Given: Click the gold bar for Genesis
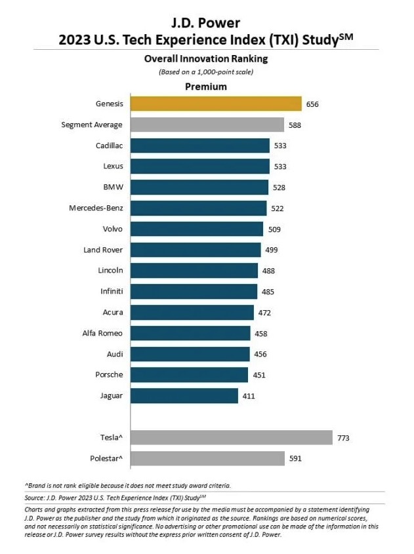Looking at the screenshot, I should coord(216,104).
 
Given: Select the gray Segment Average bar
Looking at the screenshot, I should coord(207,125).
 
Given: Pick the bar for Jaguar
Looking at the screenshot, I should coord(184,395).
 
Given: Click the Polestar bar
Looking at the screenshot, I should coord(207,458).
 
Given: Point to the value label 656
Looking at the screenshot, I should coord(312,104).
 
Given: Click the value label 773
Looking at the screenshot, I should coord(343,437).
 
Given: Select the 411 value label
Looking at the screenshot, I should coord(248,396).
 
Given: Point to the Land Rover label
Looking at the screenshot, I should coord(103,250).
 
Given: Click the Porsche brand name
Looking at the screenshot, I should coord(108,375).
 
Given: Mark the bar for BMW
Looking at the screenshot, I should coord(199,188).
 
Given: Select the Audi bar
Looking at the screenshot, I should coord(190,354).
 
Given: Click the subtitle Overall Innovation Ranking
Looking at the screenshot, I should coord(207,58).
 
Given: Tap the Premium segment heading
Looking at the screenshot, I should coord(207,87).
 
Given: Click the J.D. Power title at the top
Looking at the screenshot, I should coord(206,22).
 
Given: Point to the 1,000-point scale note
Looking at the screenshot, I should coord(207,71).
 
